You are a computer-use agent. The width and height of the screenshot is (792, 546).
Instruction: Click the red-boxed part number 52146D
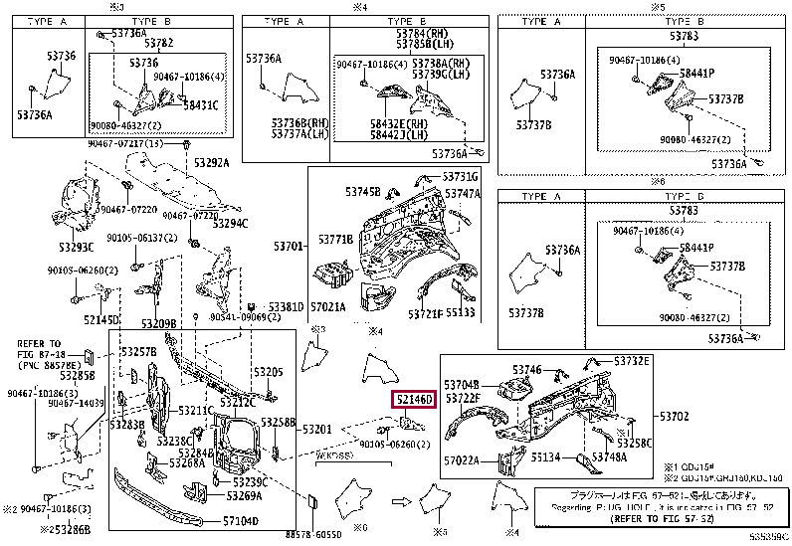tap(413, 400)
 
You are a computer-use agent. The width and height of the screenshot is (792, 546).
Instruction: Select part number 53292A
tap(211, 163)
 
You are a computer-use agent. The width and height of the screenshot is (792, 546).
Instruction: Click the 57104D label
tap(240, 520)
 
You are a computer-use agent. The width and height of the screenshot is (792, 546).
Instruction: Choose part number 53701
tap(289, 245)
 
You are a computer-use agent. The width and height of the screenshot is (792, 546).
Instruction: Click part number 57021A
tap(328, 308)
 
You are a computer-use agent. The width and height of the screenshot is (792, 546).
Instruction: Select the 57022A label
tap(463, 460)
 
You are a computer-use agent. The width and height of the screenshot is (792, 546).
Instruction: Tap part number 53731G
tap(461, 177)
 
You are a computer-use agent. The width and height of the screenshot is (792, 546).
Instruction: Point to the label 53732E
tap(632, 361)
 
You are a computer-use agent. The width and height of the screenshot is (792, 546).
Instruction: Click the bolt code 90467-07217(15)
tap(125, 143)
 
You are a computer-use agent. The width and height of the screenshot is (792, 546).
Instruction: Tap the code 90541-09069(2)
tap(240, 316)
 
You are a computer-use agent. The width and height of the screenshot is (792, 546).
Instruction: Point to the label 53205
tap(268, 372)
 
